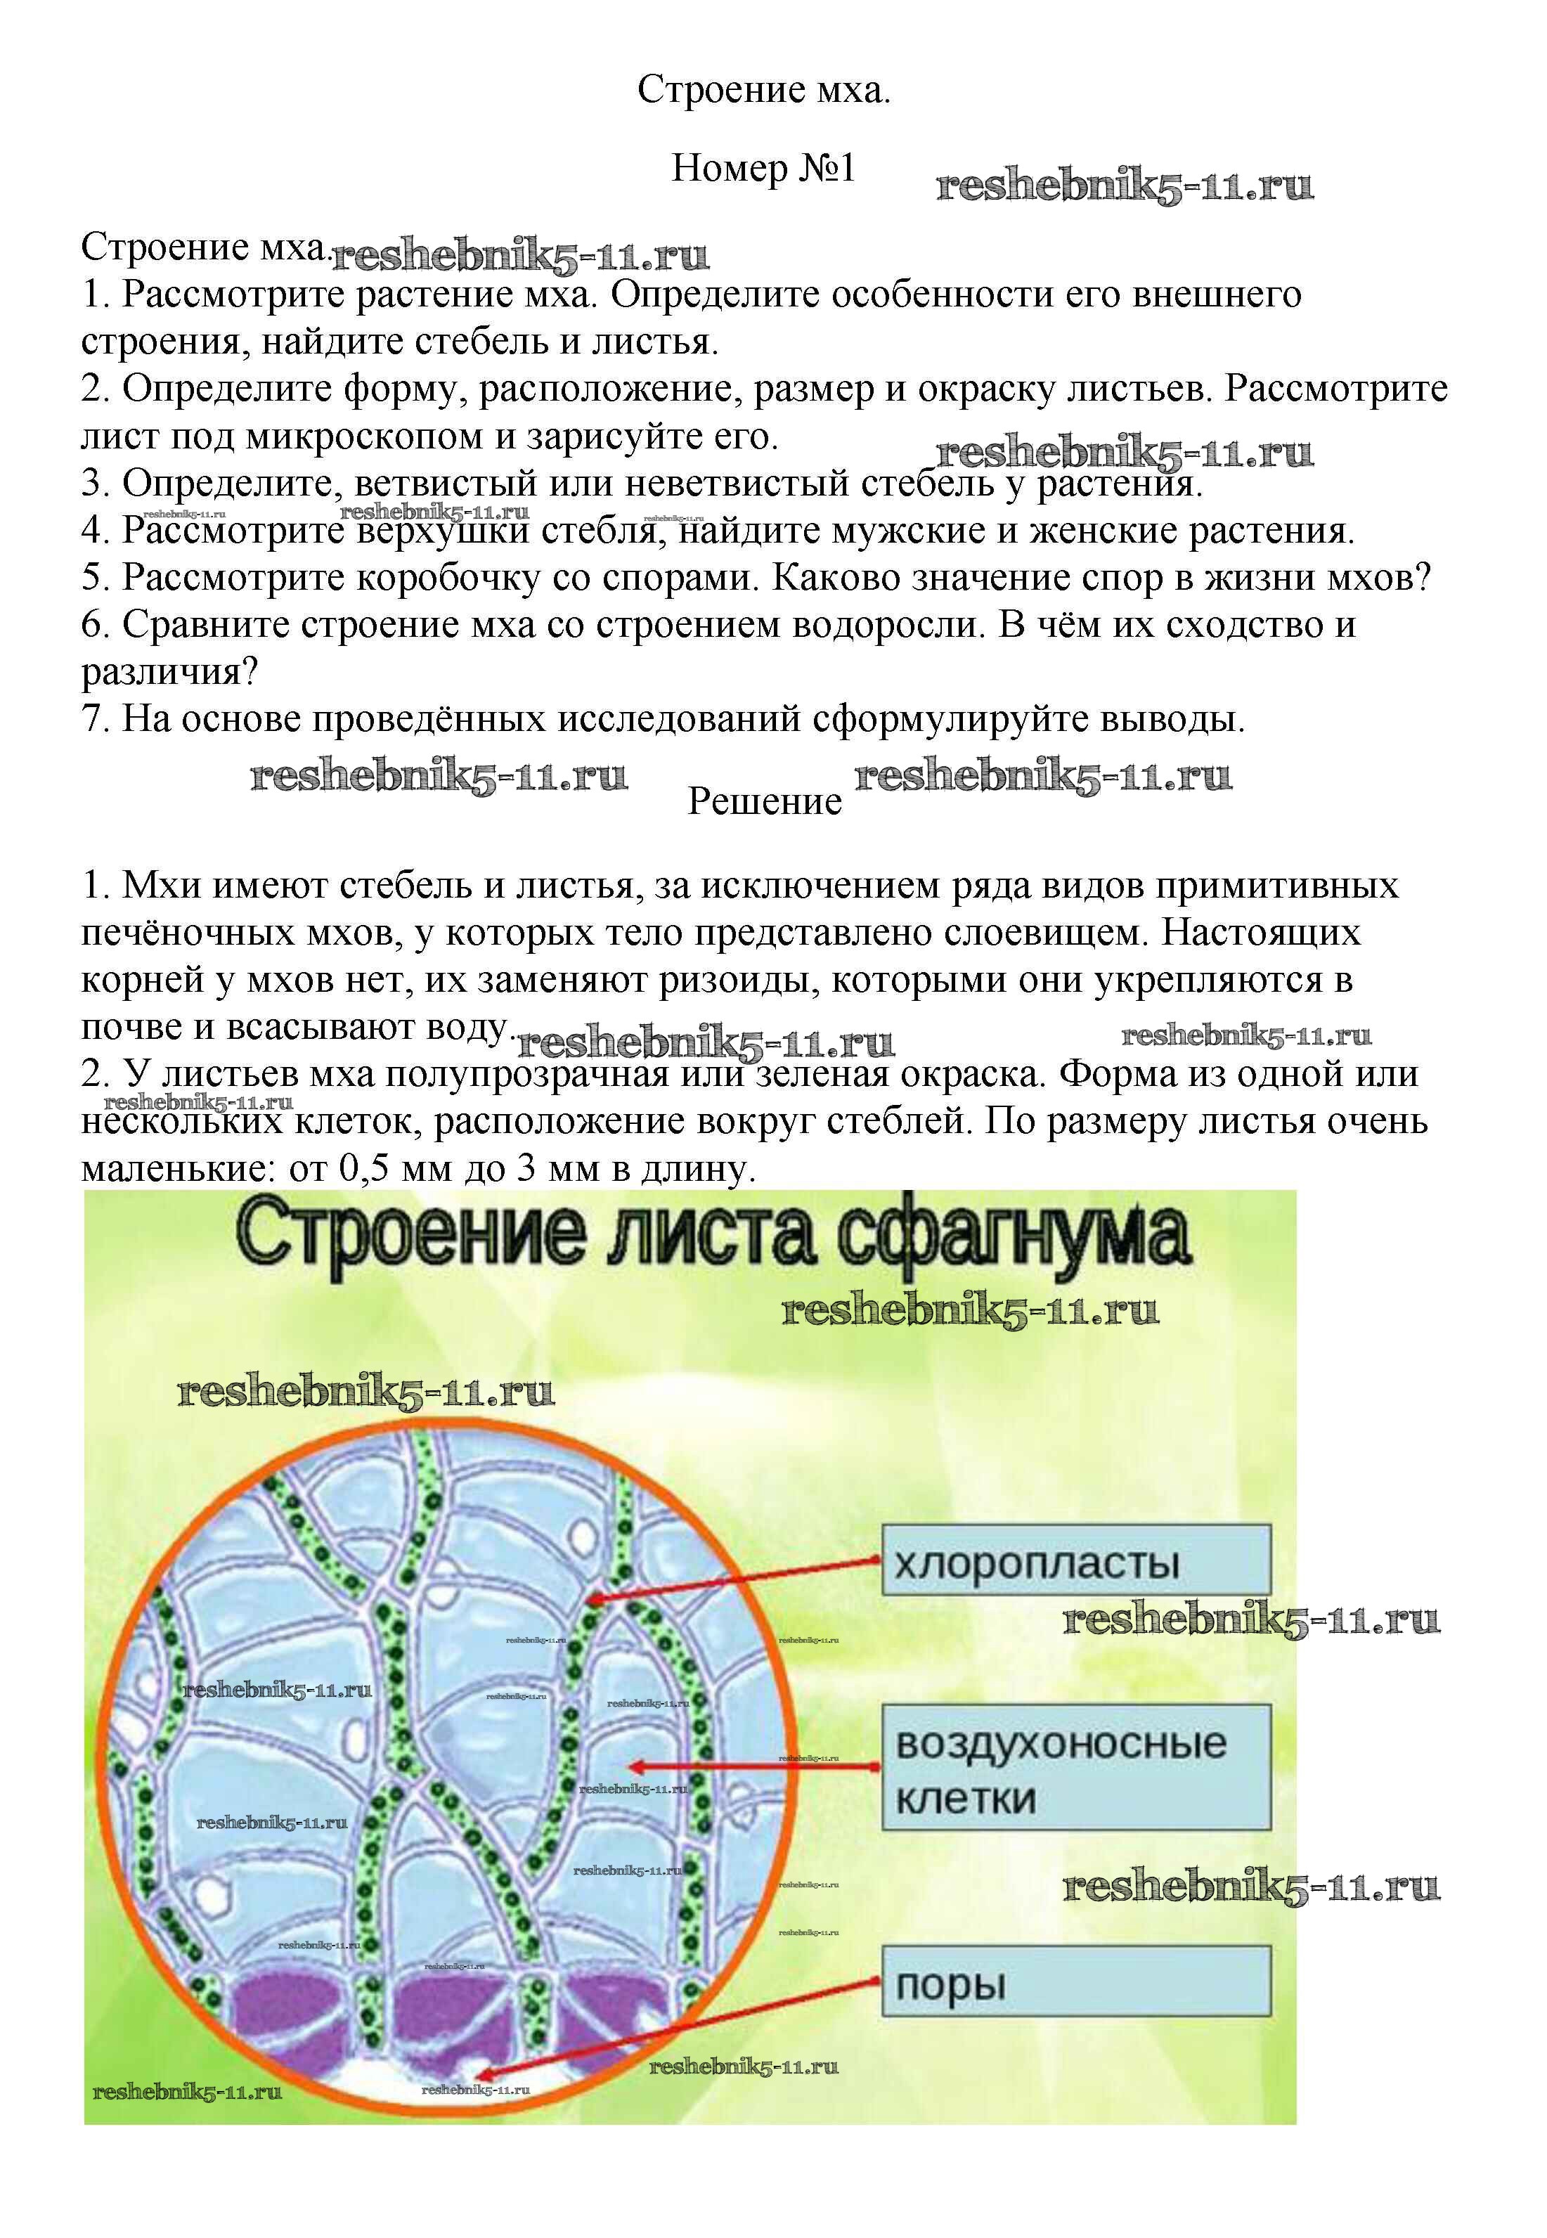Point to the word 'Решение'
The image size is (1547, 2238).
[x=765, y=801]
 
